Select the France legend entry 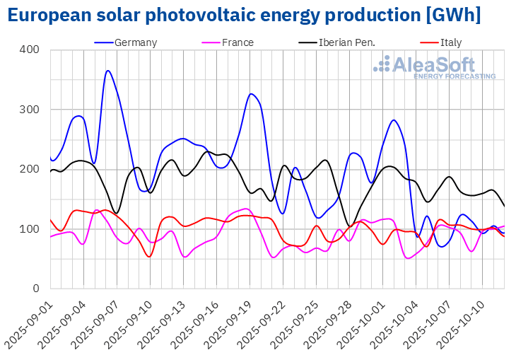[x=237, y=42]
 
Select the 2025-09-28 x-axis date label [x=329, y=321]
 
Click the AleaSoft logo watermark [x=434, y=67]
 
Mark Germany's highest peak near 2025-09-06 [x=107, y=71]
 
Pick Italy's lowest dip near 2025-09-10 [x=148, y=256]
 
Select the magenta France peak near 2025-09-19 [x=245, y=209]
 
